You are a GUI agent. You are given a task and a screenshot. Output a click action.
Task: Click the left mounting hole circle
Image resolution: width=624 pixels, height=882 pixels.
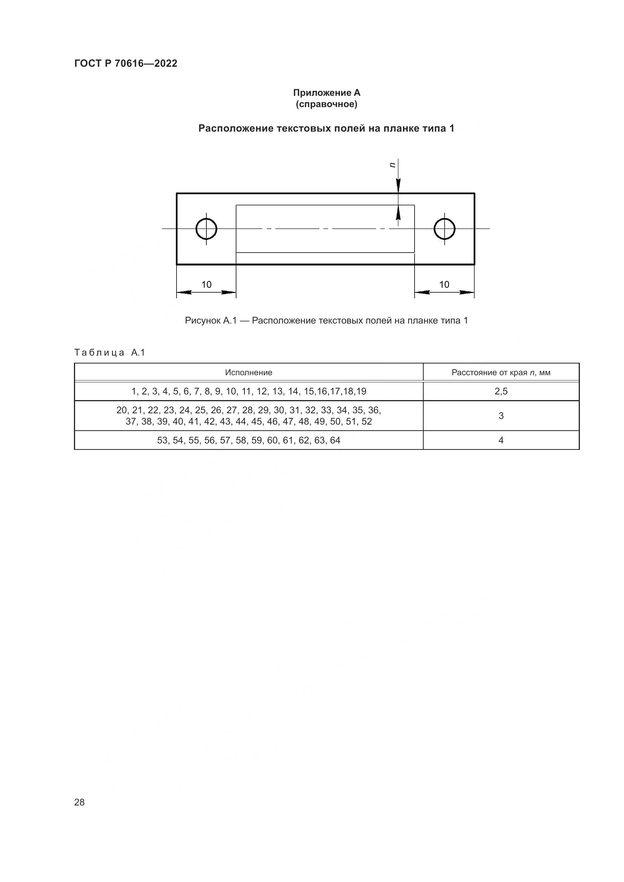coord(206,229)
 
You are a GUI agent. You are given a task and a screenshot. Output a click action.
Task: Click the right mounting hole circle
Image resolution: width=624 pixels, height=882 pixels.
coord(444,229)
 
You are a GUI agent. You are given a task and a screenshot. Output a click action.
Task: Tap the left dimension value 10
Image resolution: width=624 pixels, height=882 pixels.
coord(206,285)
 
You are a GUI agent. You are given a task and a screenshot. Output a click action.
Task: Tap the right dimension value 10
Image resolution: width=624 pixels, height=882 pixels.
coord(444,285)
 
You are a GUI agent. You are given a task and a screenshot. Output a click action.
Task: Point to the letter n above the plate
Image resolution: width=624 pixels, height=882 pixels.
coord(392,165)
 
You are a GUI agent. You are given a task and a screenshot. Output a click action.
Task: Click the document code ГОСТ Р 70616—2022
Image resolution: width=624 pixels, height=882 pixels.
coord(126,64)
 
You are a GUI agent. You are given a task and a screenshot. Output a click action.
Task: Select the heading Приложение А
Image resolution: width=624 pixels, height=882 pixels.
coord(327,93)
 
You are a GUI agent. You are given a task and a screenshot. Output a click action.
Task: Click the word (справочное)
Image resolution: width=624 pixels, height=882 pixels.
coord(327,104)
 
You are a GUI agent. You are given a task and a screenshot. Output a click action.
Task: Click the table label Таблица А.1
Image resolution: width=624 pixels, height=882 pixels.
coord(109,353)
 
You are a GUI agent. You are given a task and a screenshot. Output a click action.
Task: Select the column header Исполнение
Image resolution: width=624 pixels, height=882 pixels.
coord(249,372)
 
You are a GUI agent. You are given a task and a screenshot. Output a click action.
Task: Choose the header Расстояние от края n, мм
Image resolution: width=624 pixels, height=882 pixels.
coord(501,372)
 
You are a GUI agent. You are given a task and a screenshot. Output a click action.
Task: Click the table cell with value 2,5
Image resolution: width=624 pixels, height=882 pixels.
coord(501,391)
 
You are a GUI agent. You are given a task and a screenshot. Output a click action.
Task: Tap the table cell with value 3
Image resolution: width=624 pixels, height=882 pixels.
coord(501,416)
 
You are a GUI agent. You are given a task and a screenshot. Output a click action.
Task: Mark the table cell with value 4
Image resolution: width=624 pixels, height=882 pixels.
coord(501,440)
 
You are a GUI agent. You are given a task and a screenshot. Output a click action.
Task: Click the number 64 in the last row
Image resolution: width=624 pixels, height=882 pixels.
coord(335,440)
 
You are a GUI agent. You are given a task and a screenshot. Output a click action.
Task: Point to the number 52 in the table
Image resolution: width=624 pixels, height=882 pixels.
coord(367,422)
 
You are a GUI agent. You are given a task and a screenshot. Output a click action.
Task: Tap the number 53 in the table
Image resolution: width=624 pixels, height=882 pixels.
coord(163,440)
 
